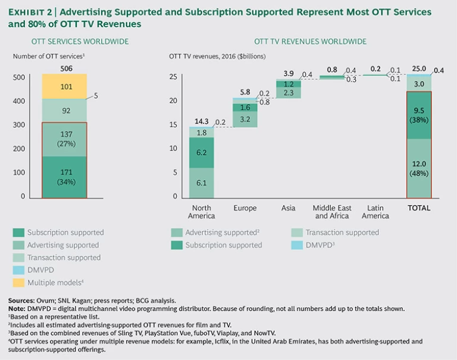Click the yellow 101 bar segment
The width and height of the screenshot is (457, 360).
click(x=64, y=87)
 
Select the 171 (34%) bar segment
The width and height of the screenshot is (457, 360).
click(x=64, y=177)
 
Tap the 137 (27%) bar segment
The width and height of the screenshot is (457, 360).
click(x=64, y=139)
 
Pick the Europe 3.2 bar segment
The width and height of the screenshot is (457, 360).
click(x=245, y=119)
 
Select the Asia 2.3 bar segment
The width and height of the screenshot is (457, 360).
click(x=289, y=93)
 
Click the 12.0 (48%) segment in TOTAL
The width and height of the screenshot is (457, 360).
click(x=419, y=168)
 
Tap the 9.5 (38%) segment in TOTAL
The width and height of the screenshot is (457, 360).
click(x=419, y=114)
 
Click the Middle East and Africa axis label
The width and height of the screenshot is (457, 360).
click(x=331, y=212)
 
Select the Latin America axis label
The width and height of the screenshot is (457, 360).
click(x=375, y=212)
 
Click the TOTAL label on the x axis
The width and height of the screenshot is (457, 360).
click(x=418, y=208)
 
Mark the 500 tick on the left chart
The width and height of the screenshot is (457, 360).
click(x=19, y=77)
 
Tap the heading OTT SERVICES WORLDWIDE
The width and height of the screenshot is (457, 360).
click(x=80, y=41)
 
